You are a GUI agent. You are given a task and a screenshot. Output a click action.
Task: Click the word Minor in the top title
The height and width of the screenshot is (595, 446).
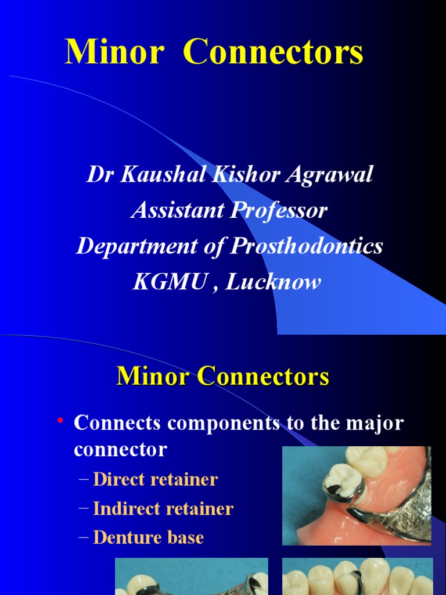(114, 53)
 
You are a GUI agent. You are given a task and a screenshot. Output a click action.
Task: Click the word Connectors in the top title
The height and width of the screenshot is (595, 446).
(273, 53)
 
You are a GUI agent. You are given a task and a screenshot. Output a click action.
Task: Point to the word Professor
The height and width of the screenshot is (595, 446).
(279, 210)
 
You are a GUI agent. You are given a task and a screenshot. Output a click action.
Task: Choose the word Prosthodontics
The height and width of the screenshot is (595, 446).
(307, 246)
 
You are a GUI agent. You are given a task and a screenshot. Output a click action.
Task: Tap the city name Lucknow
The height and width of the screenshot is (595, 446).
(273, 282)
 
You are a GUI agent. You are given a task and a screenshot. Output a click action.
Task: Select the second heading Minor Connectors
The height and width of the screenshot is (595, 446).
(223, 377)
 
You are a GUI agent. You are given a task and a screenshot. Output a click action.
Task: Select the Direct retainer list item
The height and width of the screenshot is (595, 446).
(155, 479)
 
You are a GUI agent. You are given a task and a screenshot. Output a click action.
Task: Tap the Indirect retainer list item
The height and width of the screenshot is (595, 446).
(163, 508)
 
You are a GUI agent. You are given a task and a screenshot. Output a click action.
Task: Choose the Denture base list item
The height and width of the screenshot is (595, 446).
(148, 537)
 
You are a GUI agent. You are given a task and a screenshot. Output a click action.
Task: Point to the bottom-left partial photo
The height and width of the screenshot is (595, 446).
(192, 576)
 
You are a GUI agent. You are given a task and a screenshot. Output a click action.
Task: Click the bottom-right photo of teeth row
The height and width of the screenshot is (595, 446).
(357, 576)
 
